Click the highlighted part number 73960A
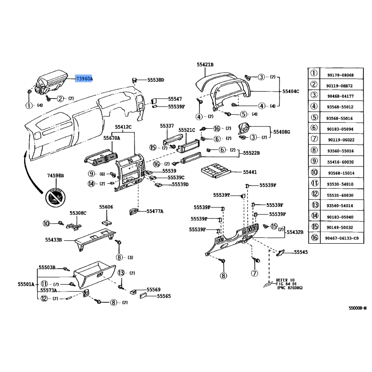pos(84,79)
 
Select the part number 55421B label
pos(205,65)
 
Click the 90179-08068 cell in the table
pos(340,75)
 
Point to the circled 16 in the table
pos(314,238)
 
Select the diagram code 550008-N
pos(358,308)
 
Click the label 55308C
pos(78,213)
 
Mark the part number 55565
pos(164,296)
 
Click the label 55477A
pos(155,211)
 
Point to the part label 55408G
pos(281,132)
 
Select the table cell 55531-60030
pos(340,195)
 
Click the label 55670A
pos(112,138)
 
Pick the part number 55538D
pos(156,80)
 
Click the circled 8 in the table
pos(314,151)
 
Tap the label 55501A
pos(26,284)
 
